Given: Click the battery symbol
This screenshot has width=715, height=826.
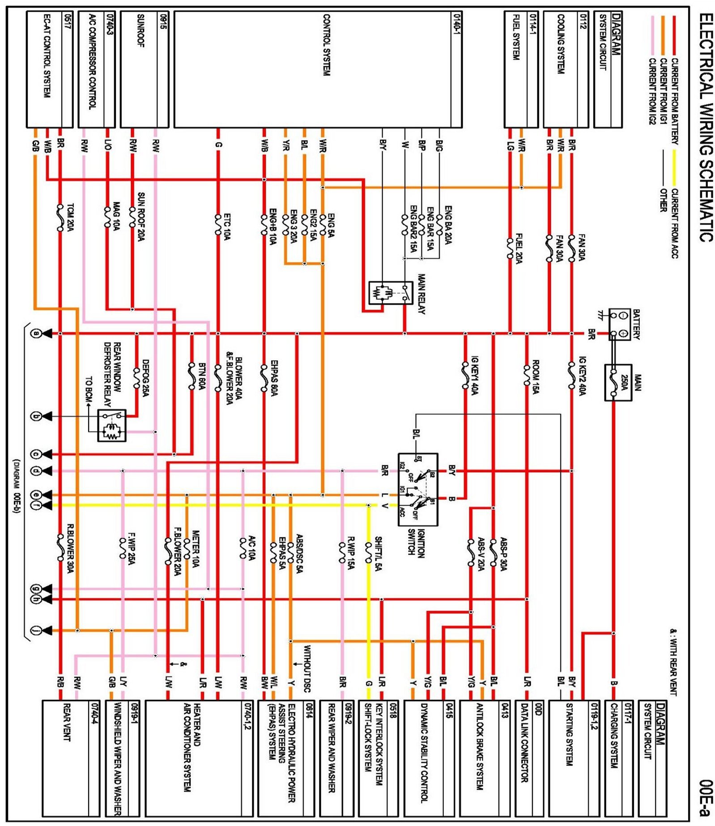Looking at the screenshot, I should point(619,324).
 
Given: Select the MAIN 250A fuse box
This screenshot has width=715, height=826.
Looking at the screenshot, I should point(618,383).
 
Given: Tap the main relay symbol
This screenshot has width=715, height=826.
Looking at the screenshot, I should point(390,293).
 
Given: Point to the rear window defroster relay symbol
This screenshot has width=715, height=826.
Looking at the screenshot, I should point(112,425).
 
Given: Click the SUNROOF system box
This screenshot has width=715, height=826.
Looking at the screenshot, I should point(145,69).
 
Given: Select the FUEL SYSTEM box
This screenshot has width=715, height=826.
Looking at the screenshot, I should point(521,69).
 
